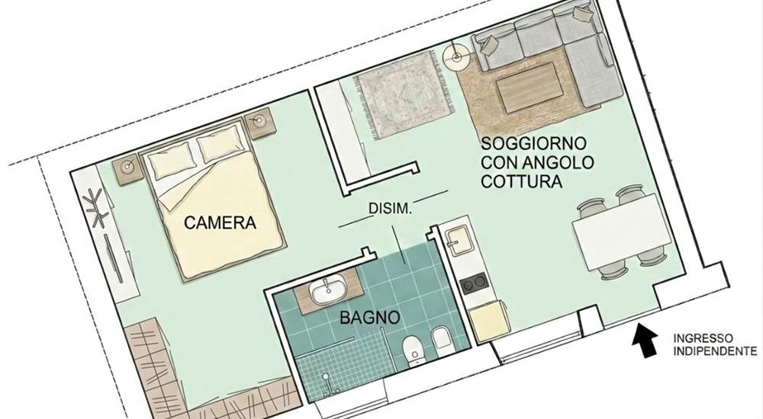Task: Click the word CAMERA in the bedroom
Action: [220, 223]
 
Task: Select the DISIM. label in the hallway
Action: [390, 208]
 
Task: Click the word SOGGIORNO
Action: [533, 144]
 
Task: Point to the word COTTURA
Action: [522, 183]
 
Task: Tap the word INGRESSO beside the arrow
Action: [703, 337]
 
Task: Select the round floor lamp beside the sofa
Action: [456, 56]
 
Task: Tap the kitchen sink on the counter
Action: [459, 242]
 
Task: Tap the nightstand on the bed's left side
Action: [127, 168]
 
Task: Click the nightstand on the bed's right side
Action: [262, 122]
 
